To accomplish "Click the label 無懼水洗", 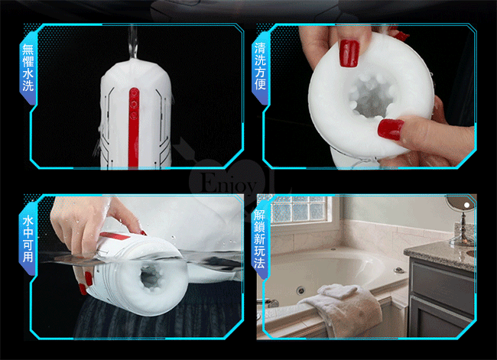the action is pos(28,67).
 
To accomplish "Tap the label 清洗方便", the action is pos(260,66).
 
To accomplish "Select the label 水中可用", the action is pos(28,238).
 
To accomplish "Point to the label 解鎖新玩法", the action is pos(259,239).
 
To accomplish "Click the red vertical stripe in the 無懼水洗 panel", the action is pos(134,128).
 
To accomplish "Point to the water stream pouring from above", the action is pos(133,42).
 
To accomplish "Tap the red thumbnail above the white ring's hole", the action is pos(349,54).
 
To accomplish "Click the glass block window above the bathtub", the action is pos(299,209).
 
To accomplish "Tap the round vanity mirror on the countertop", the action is pos(462,219).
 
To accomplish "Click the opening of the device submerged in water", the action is pos(151,276).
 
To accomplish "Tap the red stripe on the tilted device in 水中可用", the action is pos(115,236).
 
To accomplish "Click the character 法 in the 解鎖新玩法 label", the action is pos(259,263).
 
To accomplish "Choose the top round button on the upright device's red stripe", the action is pos(134,92).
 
